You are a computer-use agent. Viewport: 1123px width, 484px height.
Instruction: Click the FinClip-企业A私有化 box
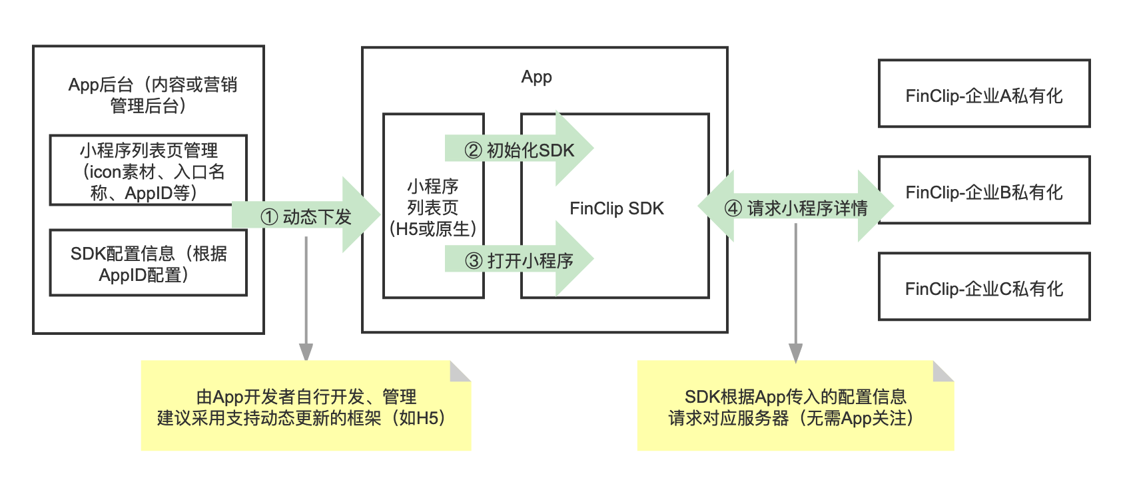(984, 94)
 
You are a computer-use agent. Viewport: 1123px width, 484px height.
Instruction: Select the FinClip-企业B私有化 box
(984, 190)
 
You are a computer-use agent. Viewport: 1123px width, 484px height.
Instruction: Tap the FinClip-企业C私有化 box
(984, 287)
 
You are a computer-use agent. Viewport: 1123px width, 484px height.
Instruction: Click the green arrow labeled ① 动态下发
(306, 216)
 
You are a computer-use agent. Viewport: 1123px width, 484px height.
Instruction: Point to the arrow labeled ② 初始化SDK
(519, 150)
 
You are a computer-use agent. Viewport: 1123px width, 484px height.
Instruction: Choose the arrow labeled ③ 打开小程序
(519, 260)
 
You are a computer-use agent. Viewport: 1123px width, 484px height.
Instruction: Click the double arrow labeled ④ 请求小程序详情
(795, 207)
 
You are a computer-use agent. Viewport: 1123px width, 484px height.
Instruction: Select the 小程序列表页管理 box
(148, 170)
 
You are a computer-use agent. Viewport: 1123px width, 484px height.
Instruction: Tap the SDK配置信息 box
(148, 263)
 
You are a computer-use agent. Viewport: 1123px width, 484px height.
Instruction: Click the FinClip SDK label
(616, 208)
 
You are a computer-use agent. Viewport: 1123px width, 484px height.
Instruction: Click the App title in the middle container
(536, 77)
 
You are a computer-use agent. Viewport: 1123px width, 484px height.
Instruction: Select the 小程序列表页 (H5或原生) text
(433, 207)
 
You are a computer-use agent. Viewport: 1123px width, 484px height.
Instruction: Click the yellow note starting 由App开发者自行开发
(306, 407)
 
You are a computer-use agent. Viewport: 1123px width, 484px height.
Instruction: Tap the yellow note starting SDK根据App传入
(795, 407)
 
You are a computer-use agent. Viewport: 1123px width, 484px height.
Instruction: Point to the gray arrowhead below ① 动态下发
(306, 352)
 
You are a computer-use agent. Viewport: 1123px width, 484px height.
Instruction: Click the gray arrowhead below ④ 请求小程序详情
(795, 353)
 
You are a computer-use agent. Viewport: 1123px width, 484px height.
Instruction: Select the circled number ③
(473, 261)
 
